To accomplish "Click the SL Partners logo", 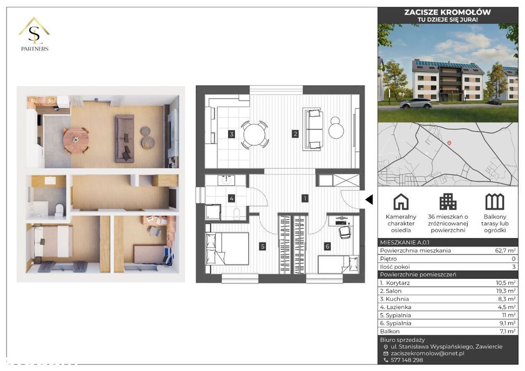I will [34, 34].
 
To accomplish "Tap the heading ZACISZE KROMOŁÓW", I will [447, 12].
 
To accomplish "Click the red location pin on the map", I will [449, 143].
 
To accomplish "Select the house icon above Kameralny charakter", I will [401, 201].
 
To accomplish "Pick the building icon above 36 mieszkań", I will [448, 201].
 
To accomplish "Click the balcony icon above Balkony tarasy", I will [494, 201].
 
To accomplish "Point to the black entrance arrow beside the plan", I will [370, 199].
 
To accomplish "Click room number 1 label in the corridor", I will [304, 199].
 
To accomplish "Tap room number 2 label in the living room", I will [295, 134].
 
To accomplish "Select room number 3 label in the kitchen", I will [231, 134].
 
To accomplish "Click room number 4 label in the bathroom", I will [231, 199].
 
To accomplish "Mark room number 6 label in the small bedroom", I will [328, 246].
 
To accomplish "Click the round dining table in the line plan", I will [255, 134].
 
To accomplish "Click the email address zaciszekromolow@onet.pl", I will [425, 353].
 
